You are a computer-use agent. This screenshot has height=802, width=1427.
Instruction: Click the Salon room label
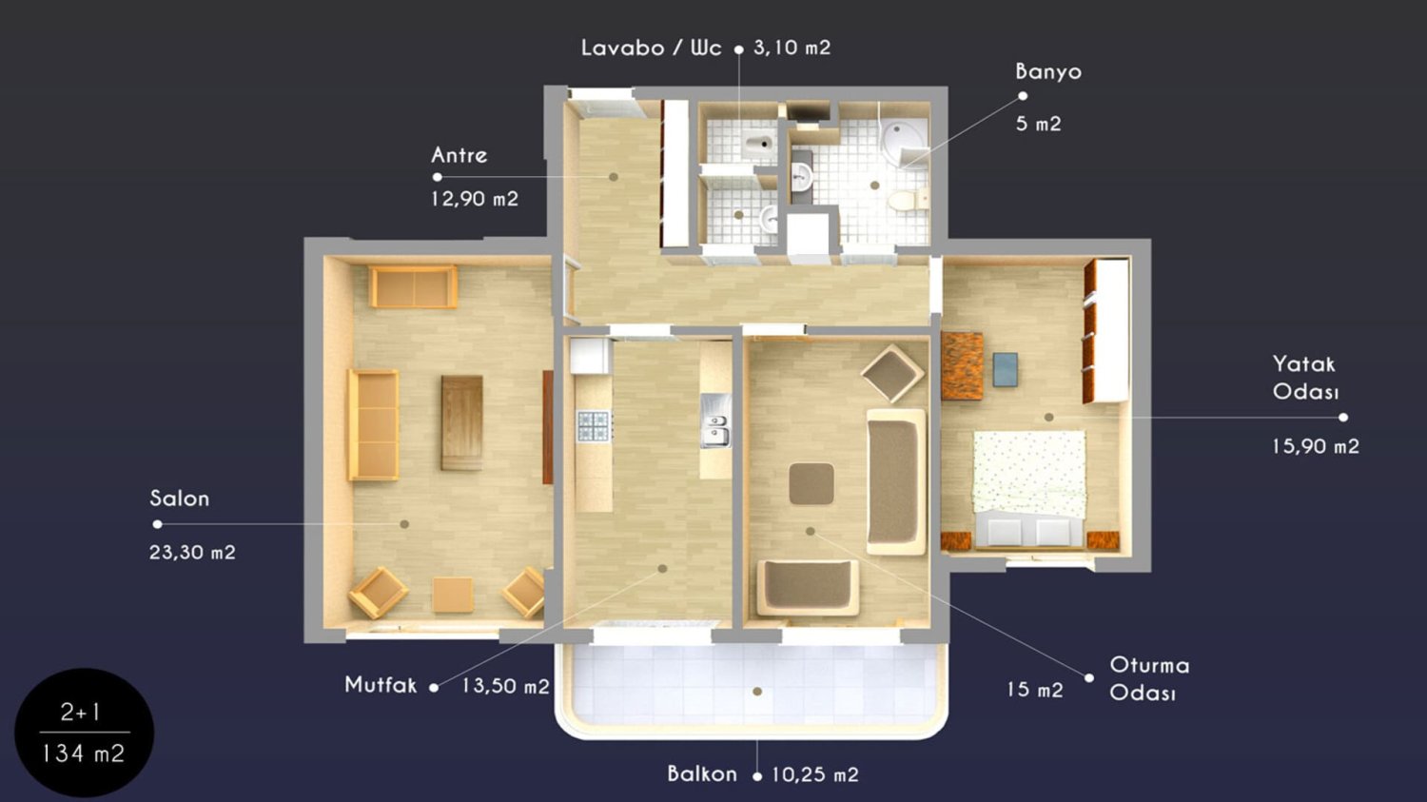179,499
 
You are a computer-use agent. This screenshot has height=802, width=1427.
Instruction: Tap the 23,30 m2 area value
192,553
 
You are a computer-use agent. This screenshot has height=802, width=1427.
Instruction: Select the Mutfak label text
381,685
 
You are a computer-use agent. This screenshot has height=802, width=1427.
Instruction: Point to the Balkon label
702,774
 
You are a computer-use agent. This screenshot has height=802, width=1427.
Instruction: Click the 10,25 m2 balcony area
815,775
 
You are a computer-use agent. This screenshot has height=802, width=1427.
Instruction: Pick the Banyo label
1048,71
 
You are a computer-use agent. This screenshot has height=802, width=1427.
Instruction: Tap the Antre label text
459,155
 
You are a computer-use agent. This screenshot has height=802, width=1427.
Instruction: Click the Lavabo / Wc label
651,48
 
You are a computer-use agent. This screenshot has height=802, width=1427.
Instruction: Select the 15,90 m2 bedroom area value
1316,446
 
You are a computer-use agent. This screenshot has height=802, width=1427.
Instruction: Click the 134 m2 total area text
84,754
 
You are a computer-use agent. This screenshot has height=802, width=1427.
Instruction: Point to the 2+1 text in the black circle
81,713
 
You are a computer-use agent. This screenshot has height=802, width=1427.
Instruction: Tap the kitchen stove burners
595,426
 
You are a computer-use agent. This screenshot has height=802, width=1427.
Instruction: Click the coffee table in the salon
461,423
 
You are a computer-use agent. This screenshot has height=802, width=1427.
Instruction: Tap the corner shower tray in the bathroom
904,143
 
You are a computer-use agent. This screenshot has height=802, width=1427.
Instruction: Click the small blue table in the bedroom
1006,369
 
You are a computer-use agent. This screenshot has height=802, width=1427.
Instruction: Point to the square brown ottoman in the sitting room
811,483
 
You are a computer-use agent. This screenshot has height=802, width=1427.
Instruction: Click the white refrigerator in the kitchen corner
589,356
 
